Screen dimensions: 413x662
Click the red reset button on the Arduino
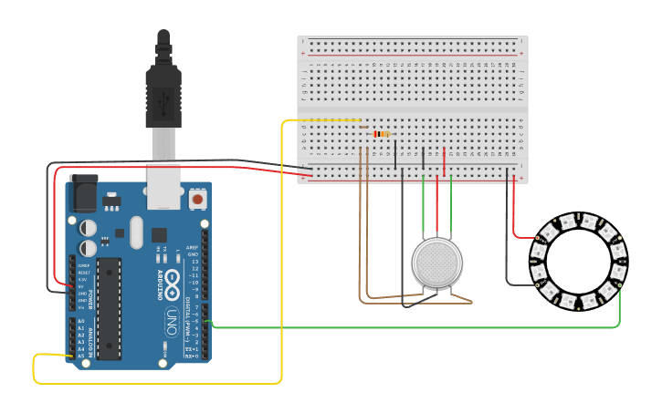point(197,198)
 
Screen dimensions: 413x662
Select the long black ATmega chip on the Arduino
point(109,308)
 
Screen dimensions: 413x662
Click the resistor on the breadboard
point(381,134)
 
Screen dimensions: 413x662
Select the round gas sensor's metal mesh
point(436,263)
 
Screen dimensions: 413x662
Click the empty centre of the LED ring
point(579,259)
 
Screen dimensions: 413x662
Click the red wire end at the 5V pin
point(71,285)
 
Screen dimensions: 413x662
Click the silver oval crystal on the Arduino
point(137,232)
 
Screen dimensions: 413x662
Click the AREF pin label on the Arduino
point(193,247)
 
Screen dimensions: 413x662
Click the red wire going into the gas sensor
point(437,219)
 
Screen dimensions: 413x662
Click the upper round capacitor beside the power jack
point(88,227)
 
